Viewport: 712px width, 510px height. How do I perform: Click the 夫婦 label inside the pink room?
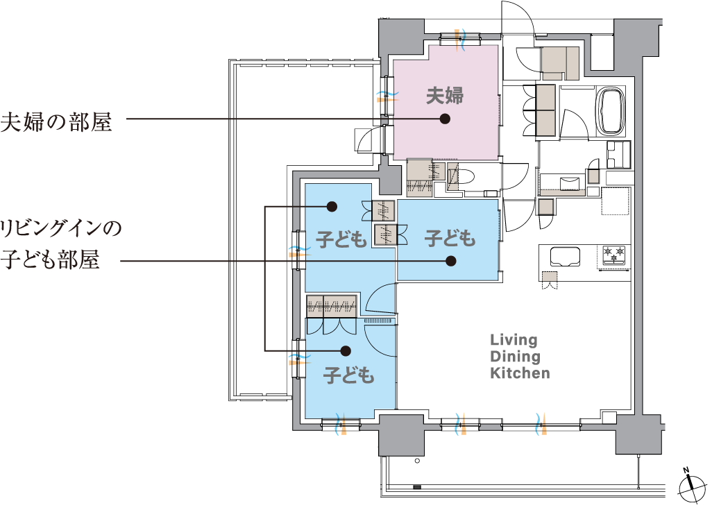click(445, 96)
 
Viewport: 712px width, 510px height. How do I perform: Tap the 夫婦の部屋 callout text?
click(56, 121)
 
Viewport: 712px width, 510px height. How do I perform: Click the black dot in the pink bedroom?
click(445, 119)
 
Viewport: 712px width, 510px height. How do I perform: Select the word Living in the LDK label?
click(514, 340)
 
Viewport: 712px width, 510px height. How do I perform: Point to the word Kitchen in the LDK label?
click(520, 373)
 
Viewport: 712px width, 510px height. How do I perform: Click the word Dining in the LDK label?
click(516, 356)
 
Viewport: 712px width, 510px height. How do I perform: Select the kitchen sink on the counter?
click(566, 257)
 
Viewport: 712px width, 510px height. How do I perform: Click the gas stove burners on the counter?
click(614, 255)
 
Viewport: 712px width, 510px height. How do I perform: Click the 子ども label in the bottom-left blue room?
click(349, 375)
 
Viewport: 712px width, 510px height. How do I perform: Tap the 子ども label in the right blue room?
click(450, 239)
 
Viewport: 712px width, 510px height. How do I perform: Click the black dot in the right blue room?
click(450, 261)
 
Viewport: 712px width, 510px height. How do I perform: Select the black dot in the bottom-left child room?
click(346, 350)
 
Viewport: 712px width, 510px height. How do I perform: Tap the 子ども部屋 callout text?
click(50, 260)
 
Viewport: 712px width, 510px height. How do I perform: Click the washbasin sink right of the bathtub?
click(619, 155)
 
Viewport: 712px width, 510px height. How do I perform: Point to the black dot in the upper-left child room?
click(332, 207)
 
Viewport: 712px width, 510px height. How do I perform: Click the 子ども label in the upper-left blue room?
click(341, 239)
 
